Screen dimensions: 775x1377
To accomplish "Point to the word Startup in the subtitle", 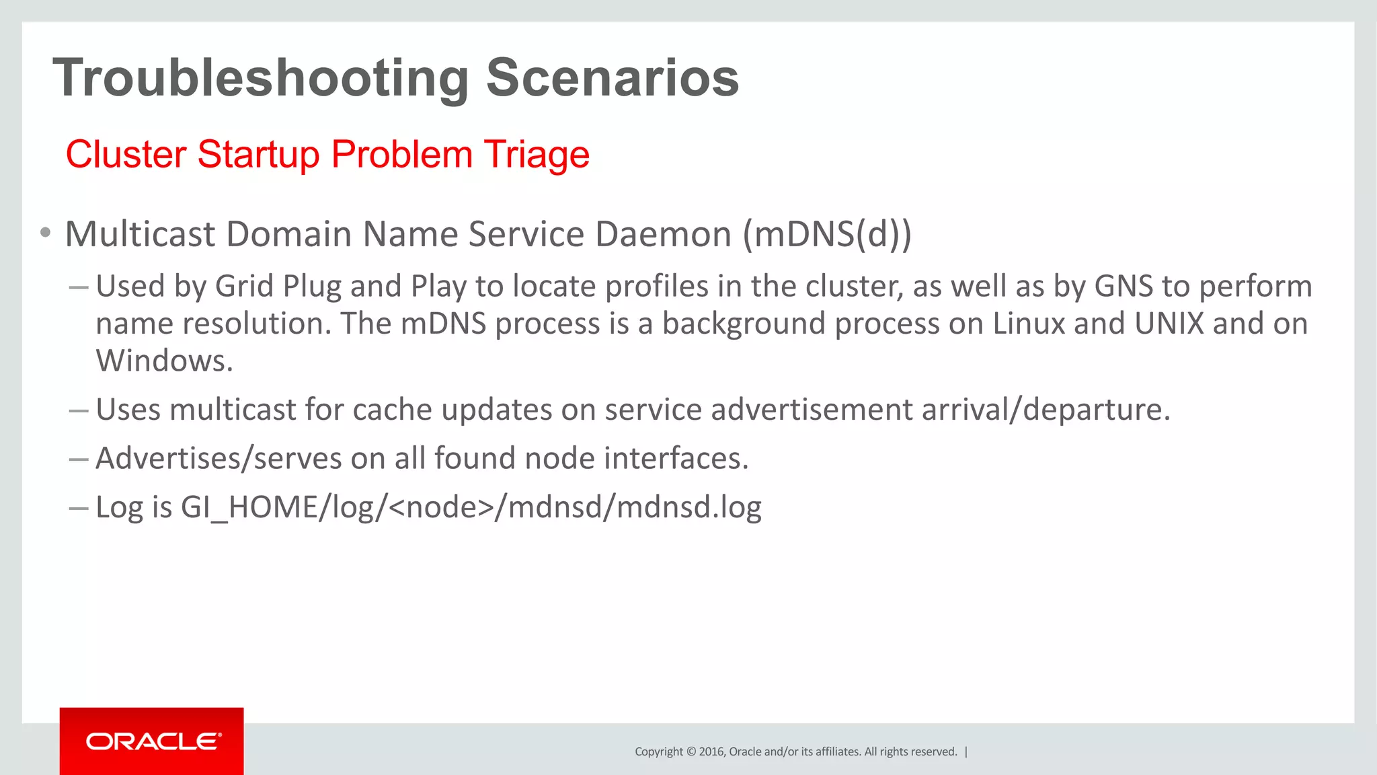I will tap(258, 154).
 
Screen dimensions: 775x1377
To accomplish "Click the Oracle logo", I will tap(153, 741).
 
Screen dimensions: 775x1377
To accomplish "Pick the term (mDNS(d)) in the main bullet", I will tap(827, 234).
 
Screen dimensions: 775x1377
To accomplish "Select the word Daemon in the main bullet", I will tap(663, 234).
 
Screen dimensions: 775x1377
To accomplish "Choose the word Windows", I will tap(164, 361).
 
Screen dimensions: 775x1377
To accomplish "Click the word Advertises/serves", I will tap(219, 459).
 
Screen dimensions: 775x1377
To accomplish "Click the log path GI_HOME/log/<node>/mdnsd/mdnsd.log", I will tap(471, 507).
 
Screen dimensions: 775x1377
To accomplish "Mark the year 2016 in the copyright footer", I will tap(711, 751).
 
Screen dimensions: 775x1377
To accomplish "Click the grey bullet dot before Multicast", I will tap(45, 233).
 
